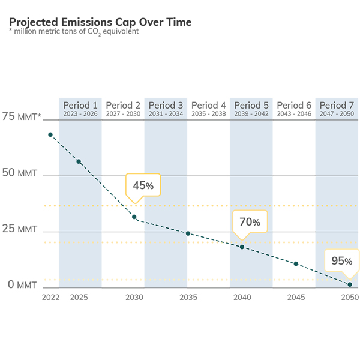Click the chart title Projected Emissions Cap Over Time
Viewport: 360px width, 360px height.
tap(100, 22)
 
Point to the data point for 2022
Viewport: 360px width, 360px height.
tap(50, 135)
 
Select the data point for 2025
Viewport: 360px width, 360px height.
tap(79, 161)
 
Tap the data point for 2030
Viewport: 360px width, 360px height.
tap(134, 217)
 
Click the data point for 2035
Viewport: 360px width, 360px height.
tap(188, 233)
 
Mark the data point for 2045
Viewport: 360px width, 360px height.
tap(296, 264)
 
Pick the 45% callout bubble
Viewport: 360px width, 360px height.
tap(143, 185)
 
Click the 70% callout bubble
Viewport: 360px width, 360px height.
tap(250, 222)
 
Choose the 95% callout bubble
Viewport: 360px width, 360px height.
tap(341, 261)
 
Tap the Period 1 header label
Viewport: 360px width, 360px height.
tap(80, 105)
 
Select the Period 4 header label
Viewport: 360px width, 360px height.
tap(209, 105)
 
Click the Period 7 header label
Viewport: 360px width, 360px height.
tap(337, 105)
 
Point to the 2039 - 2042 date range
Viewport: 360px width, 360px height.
tap(251, 114)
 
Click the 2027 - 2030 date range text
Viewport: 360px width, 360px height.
tap(123, 114)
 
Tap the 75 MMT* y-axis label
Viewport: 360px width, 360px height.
tap(22, 117)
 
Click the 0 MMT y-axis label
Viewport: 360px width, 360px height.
tap(22, 284)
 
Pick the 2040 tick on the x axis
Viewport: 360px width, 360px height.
tap(242, 298)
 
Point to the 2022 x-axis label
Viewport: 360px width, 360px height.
tap(50, 298)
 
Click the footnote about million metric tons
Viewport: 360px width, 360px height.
tap(73, 32)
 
